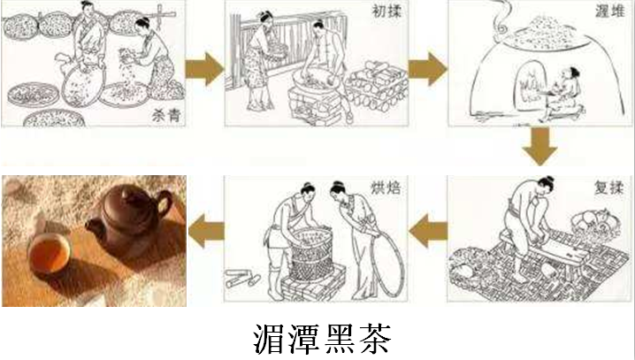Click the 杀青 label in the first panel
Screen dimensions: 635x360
(x=166, y=115)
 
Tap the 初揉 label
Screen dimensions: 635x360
(x=386, y=11)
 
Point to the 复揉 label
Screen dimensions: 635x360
(x=608, y=188)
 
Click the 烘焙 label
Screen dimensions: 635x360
(x=386, y=188)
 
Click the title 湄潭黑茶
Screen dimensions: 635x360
(x=322, y=339)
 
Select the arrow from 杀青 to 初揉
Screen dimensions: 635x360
(x=204, y=69)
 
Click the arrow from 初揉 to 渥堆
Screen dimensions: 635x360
(x=428, y=69)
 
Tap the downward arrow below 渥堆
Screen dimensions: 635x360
(x=539, y=146)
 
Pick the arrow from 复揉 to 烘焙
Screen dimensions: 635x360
(x=428, y=231)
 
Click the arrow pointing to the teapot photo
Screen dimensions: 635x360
(x=206, y=231)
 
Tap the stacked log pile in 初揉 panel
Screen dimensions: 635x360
(x=376, y=87)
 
